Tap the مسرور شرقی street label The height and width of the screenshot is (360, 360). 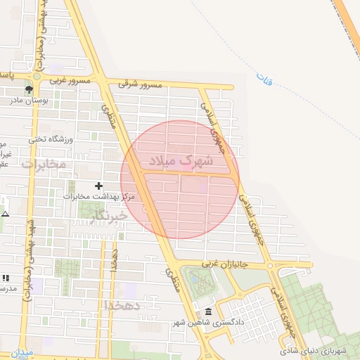coord(140,84)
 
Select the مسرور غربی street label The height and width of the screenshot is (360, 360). coord(70,80)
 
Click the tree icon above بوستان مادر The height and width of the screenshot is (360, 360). coord(29,90)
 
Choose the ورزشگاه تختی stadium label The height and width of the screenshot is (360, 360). coord(51,139)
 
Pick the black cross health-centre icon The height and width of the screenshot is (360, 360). coord(98,186)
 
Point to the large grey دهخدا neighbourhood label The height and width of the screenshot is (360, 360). coord(122,306)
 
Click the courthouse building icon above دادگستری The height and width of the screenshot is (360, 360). coord(207,312)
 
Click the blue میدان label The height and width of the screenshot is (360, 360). coord(22,352)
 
